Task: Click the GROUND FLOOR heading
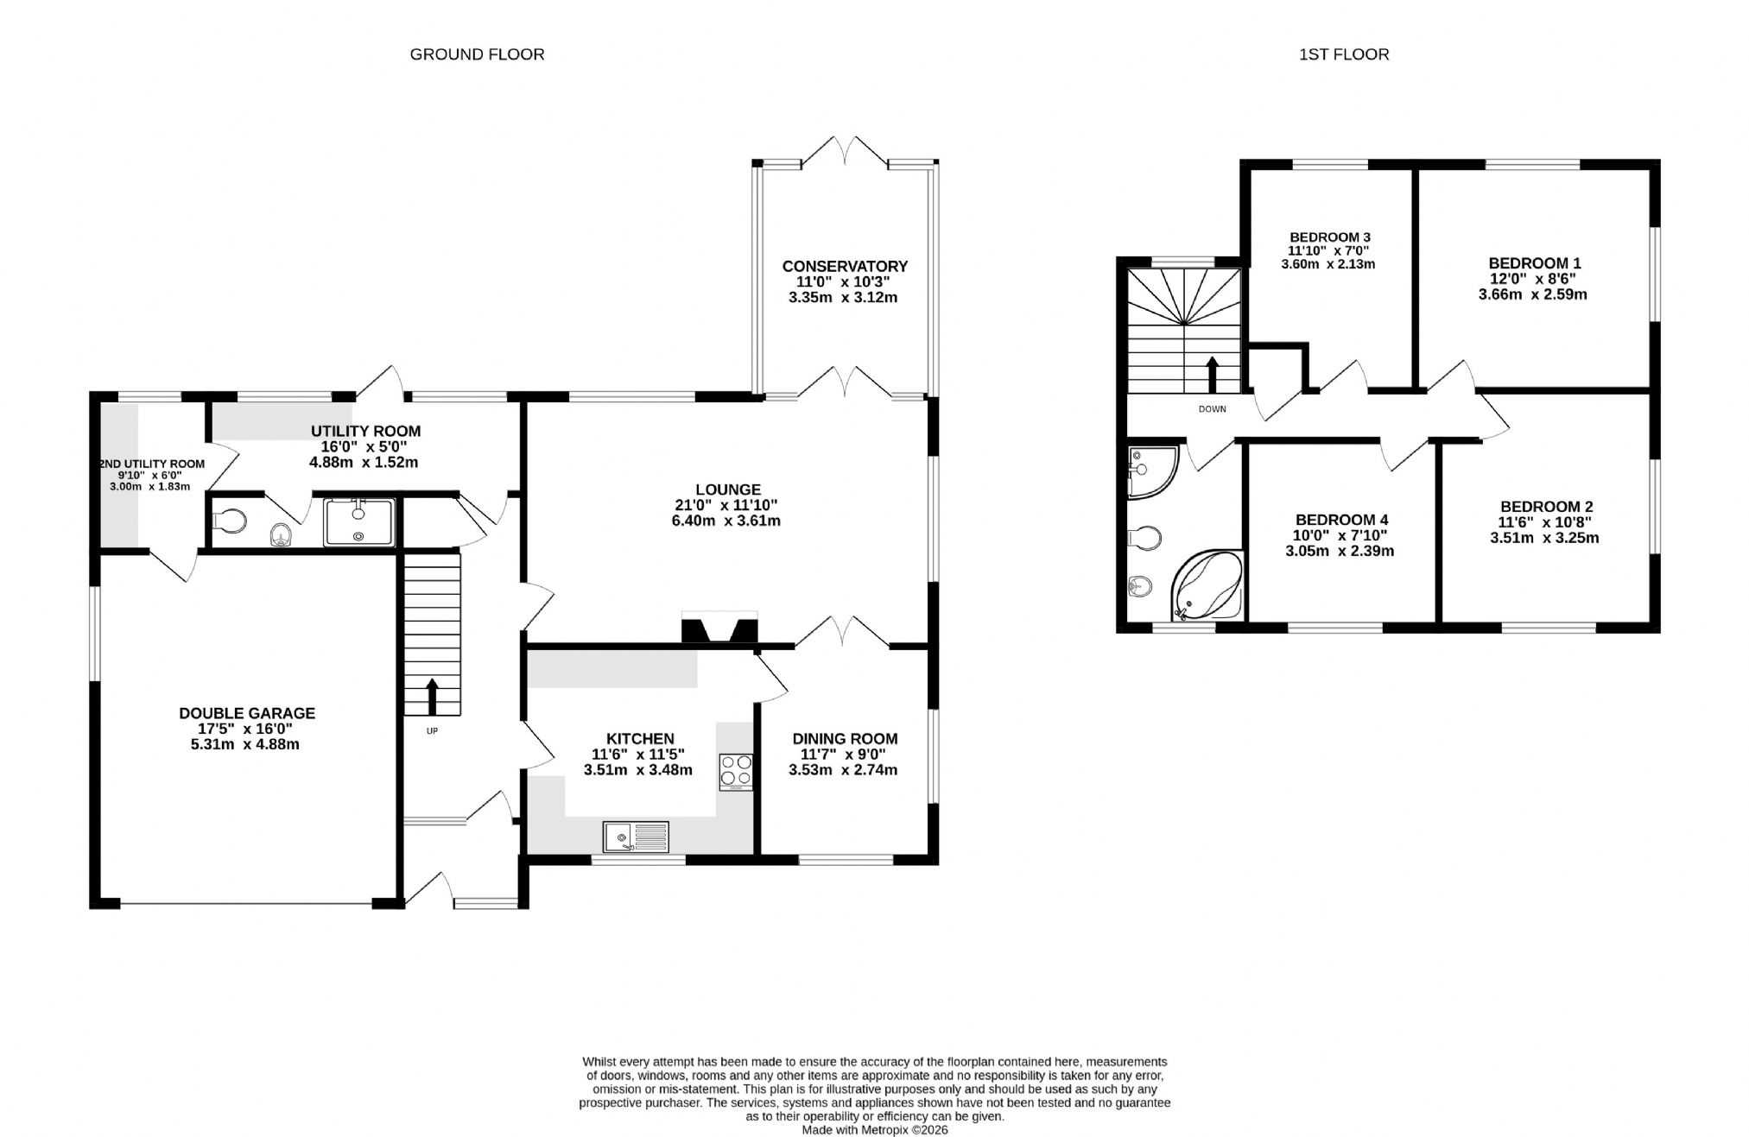coord(477,54)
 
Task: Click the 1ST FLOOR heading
coord(1344,54)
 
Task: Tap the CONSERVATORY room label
coord(845,267)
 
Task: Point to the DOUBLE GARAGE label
coord(247,714)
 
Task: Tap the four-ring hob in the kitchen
coord(736,772)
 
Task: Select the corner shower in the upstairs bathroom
coord(1152,472)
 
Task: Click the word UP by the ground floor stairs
coord(432,731)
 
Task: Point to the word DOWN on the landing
coord(1212,409)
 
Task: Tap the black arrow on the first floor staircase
coord(1212,375)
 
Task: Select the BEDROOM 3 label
coord(1330,237)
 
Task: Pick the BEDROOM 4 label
coord(1341,520)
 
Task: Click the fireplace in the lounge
coord(719,628)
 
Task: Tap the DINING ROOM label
coord(845,739)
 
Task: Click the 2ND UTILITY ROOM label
coord(153,464)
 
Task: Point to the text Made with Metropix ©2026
coord(875,1130)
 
